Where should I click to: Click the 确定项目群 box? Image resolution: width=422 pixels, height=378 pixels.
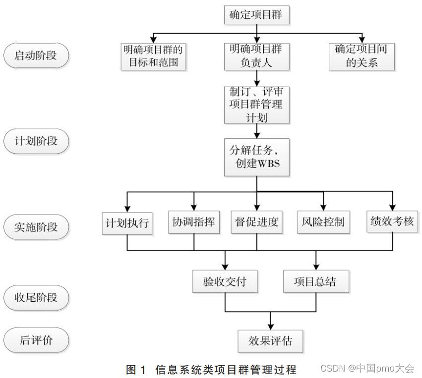coord(256,15)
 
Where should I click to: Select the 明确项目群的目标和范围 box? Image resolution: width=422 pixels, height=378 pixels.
coord(154,56)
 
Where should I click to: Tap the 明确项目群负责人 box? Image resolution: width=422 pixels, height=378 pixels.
coord(256,56)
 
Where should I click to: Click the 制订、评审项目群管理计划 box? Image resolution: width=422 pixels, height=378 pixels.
coord(256,105)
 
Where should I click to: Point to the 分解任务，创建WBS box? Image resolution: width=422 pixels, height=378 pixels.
coord(256,157)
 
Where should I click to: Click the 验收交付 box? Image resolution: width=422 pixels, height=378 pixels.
coord(226,282)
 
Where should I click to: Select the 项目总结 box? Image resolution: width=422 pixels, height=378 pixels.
coord(315,282)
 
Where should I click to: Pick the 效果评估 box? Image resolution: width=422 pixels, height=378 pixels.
coord(270,341)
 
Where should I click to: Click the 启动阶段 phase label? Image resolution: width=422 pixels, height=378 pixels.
coord(36,55)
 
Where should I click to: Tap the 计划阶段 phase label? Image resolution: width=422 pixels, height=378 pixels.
coord(36,141)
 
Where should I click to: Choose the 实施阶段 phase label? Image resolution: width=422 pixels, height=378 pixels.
coord(36,227)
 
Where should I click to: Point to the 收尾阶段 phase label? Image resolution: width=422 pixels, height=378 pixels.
coord(36,298)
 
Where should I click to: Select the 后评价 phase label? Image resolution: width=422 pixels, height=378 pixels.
coord(36,340)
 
